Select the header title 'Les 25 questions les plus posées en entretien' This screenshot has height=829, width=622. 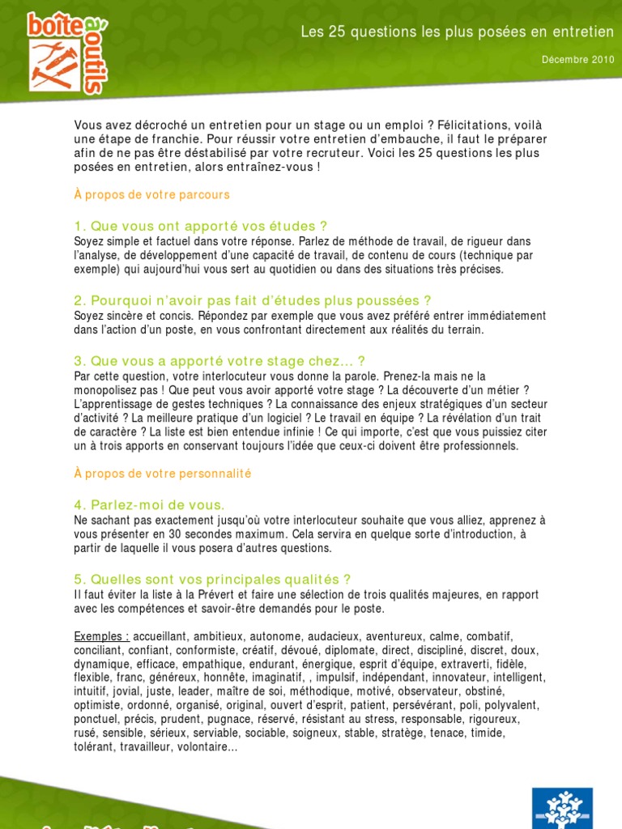[x=457, y=32]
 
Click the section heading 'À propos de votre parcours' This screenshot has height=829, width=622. [x=152, y=194]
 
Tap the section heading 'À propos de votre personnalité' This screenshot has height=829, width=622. [x=163, y=473]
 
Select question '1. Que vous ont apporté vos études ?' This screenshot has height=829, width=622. [x=201, y=226]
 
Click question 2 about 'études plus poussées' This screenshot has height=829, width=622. [x=253, y=300]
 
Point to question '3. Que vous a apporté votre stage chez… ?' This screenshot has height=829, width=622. [x=219, y=361]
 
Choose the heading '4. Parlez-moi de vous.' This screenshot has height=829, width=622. [x=149, y=504]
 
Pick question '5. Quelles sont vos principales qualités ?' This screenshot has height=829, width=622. [x=212, y=579]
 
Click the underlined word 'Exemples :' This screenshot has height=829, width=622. [x=102, y=636]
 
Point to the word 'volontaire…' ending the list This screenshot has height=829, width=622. [x=207, y=746]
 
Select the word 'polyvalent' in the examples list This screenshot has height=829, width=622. [x=513, y=705]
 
